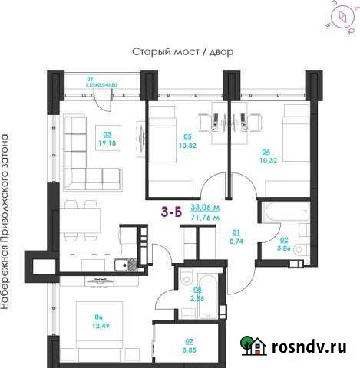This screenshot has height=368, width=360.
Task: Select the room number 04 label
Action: pyautogui.click(x=265, y=151)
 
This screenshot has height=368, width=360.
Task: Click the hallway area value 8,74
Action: pyautogui.click(x=236, y=239)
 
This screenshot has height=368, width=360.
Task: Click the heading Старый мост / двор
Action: pyautogui.click(x=183, y=52)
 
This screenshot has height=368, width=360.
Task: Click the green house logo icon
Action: pyautogui.click(x=255, y=347)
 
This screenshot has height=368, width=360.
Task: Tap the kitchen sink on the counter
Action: pyautogui.click(x=122, y=265)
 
